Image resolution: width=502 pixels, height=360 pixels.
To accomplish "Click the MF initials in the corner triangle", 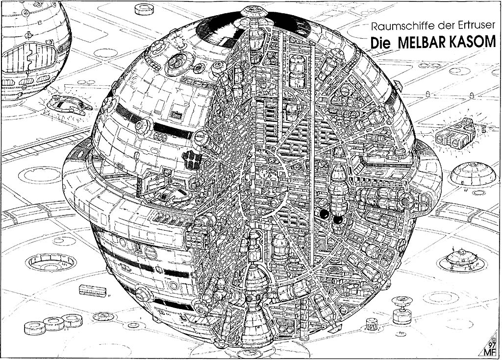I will click(492, 352).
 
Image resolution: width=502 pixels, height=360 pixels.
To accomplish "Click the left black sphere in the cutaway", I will click(324, 214).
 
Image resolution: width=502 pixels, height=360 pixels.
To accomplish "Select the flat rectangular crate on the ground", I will click(93, 290).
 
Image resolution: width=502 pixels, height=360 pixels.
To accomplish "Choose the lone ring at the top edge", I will click(145, 8).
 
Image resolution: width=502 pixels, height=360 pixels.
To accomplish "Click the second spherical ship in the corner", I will click(32, 51).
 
